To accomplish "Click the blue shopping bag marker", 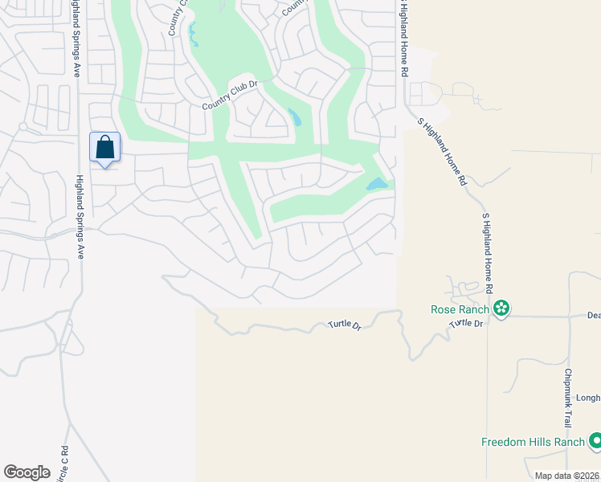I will coord(104,148).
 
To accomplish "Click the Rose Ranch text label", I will coord(461,308).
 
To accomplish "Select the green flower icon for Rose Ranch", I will coord(502,308).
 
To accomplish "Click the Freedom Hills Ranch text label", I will coord(532,442).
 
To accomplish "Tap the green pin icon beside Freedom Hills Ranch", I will coord(595,441).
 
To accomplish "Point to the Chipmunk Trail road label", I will coord(568,398).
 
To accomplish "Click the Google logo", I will coord(27,472).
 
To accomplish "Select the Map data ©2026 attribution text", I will coord(566,476).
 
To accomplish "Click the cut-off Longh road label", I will coord(587,397).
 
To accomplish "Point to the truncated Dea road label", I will coord(593,316).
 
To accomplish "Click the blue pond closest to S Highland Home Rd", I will coord(377,185).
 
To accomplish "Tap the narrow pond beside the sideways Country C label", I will coord(193,35).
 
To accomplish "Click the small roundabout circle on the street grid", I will coord(23,127).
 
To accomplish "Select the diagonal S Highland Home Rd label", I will coord(442,151).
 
